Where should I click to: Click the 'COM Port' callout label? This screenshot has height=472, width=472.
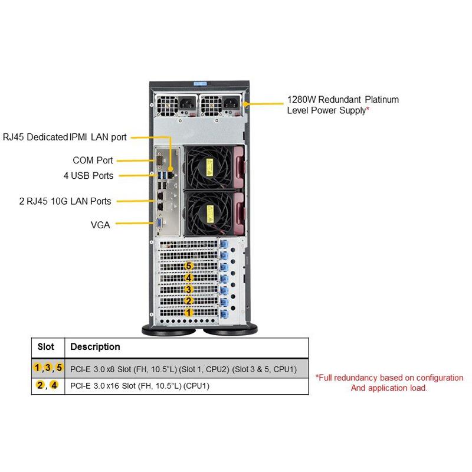tap(93, 160)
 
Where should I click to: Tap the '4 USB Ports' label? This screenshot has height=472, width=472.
tap(88, 175)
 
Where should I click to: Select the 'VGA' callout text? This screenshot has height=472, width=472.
tap(100, 224)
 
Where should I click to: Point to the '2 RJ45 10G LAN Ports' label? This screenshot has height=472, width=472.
tap(65, 201)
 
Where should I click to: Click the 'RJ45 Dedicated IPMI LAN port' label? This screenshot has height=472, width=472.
tap(64, 137)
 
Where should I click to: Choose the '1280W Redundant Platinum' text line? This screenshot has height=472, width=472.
tap(343, 99)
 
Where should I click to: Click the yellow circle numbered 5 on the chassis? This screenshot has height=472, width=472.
tap(189, 266)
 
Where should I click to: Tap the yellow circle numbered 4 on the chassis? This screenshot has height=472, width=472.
tap(189, 278)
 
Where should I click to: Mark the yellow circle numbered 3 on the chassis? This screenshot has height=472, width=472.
tap(189, 289)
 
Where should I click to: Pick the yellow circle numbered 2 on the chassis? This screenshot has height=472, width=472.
tap(189, 301)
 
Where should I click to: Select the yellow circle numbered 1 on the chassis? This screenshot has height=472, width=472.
tap(189, 312)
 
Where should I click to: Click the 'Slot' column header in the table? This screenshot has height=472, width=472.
tap(45, 347)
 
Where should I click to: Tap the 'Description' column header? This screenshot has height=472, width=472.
tap(95, 347)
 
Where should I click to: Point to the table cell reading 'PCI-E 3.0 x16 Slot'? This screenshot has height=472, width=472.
tap(139, 386)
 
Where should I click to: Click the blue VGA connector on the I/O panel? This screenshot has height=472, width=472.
tap(159, 222)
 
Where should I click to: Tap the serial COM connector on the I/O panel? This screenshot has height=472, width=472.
tap(159, 160)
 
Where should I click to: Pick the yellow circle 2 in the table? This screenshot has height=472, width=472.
tap(40, 386)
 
